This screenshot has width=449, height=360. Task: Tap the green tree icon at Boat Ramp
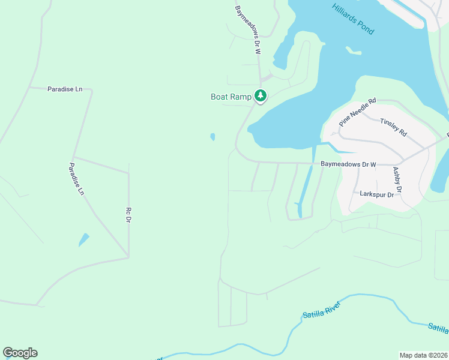(261, 95)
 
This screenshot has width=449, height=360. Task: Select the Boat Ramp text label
(231, 97)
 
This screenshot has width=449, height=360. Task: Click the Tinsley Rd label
(394, 126)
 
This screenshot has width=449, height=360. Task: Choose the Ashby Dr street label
(397, 179)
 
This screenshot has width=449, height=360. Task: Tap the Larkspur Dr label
(376, 194)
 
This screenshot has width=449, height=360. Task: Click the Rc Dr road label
(128, 215)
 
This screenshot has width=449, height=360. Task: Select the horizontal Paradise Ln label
(64, 89)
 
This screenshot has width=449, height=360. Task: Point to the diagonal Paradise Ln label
(76, 179)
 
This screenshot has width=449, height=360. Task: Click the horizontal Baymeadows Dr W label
(348, 164)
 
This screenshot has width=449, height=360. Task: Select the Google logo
(20, 353)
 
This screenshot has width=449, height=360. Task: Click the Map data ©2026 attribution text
(423, 355)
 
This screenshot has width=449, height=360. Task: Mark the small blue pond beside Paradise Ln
(83, 240)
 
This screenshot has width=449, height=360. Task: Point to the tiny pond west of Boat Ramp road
(212, 137)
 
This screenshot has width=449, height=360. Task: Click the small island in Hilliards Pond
(354, 50)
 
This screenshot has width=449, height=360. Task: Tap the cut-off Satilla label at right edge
(438, 328)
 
